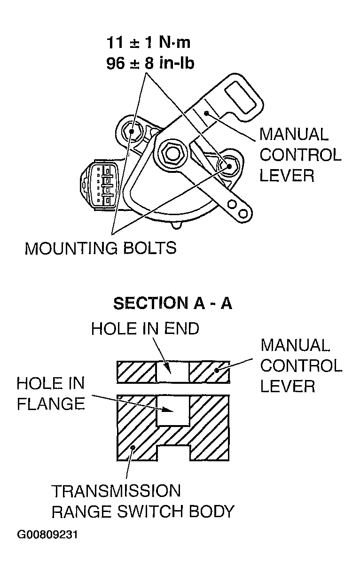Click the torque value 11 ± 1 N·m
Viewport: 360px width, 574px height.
pos(149,42)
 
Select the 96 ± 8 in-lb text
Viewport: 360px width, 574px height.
pos(150,63)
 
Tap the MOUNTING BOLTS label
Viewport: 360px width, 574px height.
pos(101,248)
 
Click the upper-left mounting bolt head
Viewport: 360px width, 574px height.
pos(131,132)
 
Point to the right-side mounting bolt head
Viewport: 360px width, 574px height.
pos(229,167)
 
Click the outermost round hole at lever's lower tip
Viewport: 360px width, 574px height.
pos(243,213)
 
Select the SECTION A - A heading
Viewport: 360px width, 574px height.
pos(172,303)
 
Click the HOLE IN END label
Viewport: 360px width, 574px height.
pos(145,328)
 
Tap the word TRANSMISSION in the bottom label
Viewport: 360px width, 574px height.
pos(116,491)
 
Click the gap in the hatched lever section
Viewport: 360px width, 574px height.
pos(172,372)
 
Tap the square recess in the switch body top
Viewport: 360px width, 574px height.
pos(173,411)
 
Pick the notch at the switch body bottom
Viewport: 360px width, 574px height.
pos(173,453)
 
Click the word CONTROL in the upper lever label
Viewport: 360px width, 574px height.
pos(300,155)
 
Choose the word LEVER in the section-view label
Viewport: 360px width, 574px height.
pos(288,386)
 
